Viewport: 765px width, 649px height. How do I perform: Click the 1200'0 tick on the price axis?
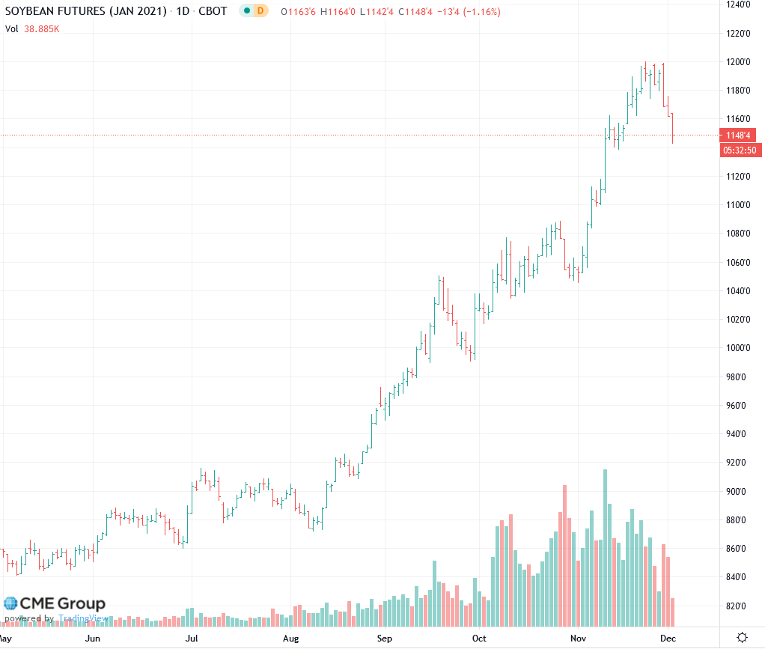pyautogui.click(x=737, y=61)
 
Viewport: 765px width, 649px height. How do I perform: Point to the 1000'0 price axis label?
pyautogui.click(x=737, y=348)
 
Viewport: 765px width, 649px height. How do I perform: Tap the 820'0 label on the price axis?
pyautogui.click(x=737, y=606)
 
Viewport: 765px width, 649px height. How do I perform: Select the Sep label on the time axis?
pyautogui.click(x=385, y=639)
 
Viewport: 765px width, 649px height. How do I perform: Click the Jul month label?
pyautogui.click(x=192, y=639)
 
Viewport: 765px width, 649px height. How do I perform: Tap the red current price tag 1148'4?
pyautogui.click(x=737, y=135)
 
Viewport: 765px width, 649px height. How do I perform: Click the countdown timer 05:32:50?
pyautogui.click(x=740, y=150)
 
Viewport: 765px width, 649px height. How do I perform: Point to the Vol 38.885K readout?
pyautogui.click(x=32, y=28)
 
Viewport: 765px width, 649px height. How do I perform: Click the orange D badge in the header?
pyautogui.click(x=260, y=12)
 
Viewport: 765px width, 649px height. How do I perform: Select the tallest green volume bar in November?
pyautogui.click(x=605, y=546)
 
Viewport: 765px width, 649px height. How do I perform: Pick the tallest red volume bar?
pyautogui.click(x=564, y=554)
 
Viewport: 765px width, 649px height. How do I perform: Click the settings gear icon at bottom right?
pyautogui.click(x=742, y=638)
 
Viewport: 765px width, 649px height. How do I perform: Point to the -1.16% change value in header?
pyautogui.click(x=484, y=12)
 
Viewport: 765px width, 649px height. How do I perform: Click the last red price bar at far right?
pyautogui.click(x=673, y=127)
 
